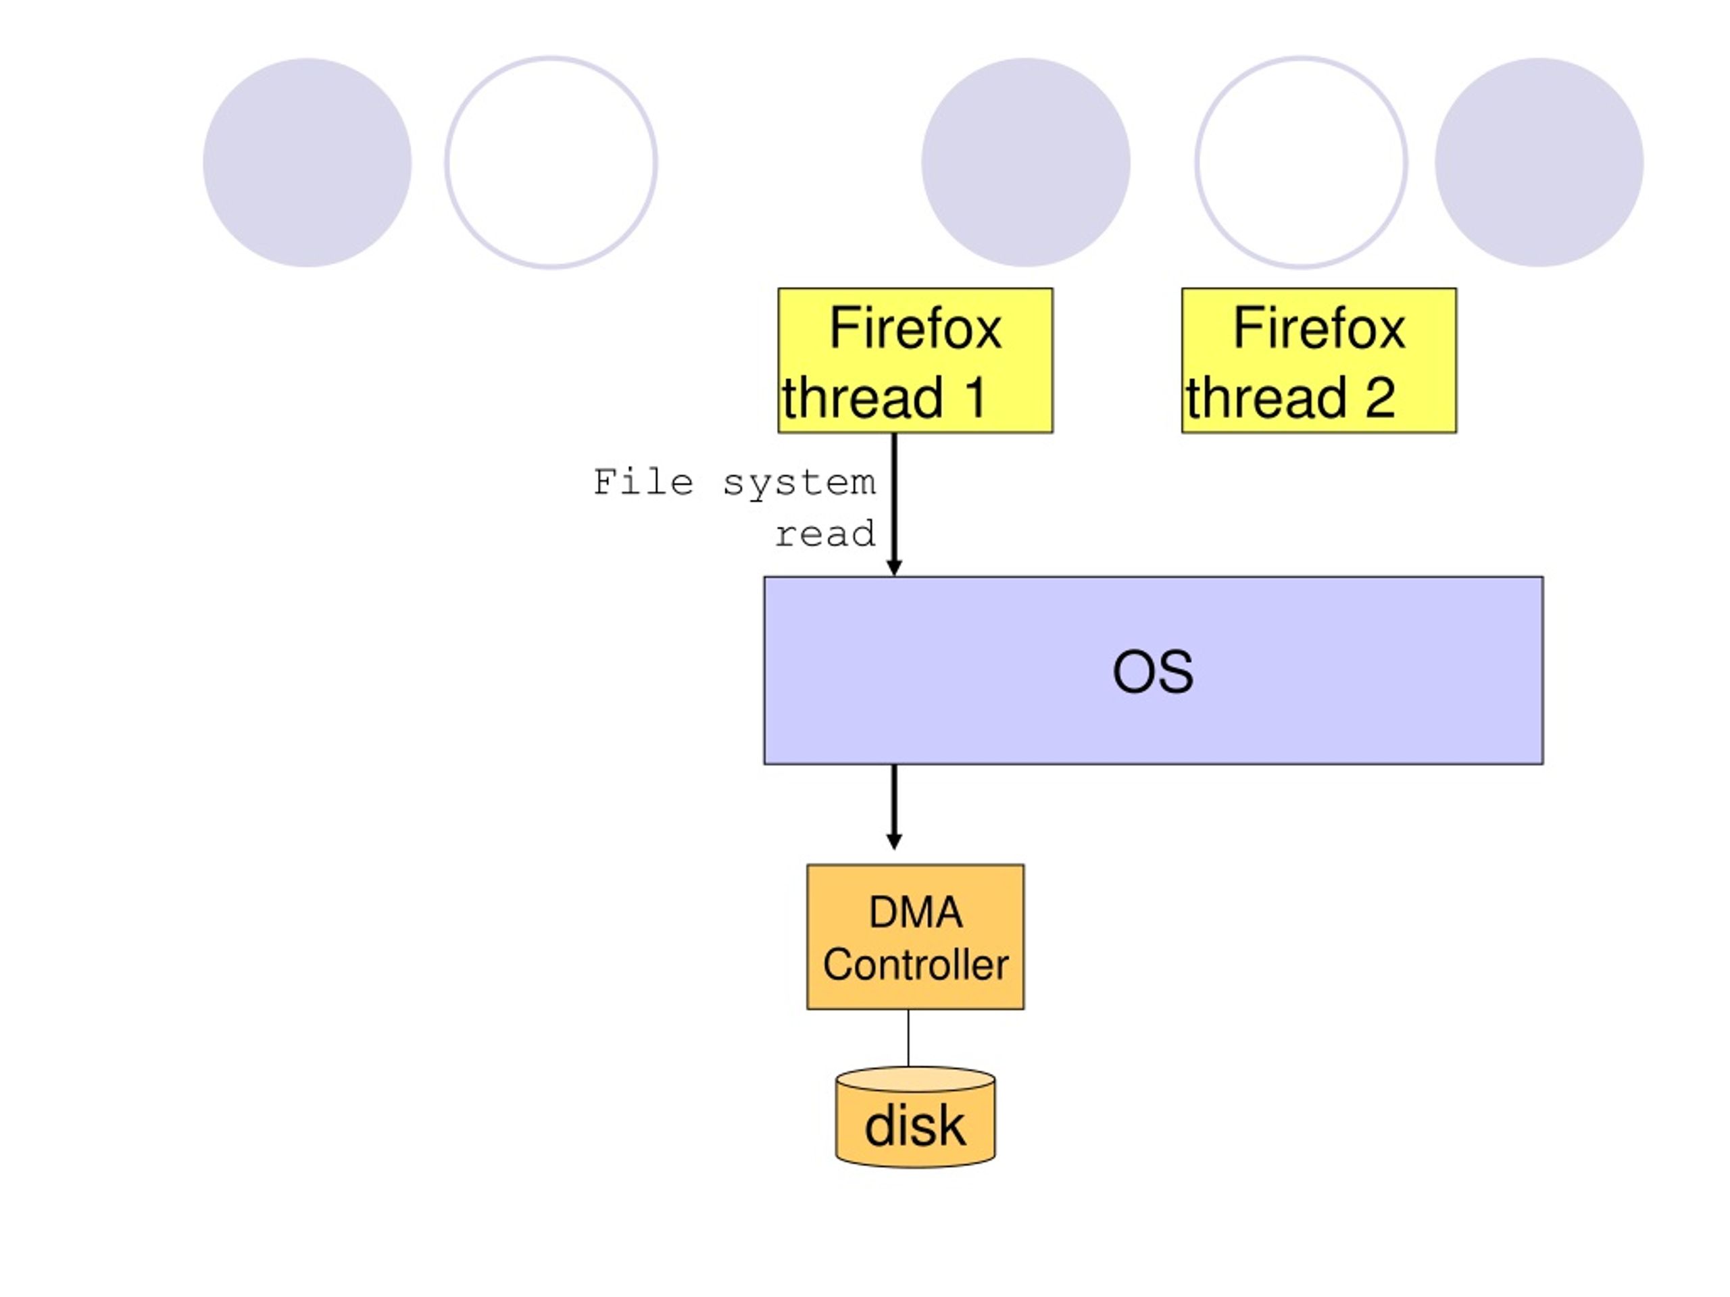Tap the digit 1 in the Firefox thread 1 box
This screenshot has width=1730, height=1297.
(x=975, y=397)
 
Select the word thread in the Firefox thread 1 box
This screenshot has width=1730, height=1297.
(x=863, y=397)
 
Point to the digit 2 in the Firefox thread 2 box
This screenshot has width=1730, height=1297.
(x=1381, y=397)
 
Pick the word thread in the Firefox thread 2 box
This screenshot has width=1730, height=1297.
(x=1266, y=397)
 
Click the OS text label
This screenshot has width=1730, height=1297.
(x=1153, y=671)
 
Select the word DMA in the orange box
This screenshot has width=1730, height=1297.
(x=915, y=913)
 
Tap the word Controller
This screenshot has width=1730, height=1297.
(x=915, y=964)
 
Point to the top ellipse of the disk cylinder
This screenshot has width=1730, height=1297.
(x=915, y=1079)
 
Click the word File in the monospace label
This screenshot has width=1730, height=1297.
(x=643, y=482)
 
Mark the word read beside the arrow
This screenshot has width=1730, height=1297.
(x=825, y=535)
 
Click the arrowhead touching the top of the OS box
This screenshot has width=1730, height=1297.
(x=894, y=567)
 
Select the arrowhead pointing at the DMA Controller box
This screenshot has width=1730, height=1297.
(x=894, y=841)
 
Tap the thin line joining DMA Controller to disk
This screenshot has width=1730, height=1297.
(x=908, y=1038)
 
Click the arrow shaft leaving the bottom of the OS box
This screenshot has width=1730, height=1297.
(x=894, y=799)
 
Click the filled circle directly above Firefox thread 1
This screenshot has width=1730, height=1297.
(x=1025, y=163)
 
